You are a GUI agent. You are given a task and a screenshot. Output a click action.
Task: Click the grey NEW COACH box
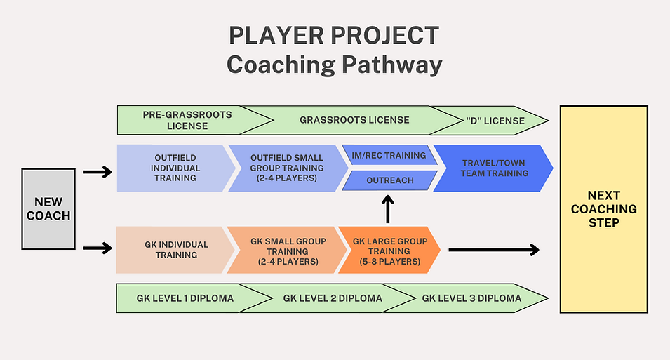[48, 208]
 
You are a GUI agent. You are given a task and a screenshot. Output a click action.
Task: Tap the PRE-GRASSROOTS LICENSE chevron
[187, 120]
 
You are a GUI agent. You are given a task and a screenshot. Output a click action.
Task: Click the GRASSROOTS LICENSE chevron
[354, 120]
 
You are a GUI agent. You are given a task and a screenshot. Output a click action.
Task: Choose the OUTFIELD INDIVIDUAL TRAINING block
[170, 168]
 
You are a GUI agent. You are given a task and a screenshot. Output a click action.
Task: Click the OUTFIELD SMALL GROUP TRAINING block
[286, 168]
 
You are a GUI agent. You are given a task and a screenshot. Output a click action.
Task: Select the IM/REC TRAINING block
[388, 155]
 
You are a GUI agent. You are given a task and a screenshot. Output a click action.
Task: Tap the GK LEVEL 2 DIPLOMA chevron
[333, 298]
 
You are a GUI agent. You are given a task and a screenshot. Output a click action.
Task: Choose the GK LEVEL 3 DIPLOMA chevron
[471, 298]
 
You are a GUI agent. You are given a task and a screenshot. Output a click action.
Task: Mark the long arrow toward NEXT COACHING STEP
[493, 249]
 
